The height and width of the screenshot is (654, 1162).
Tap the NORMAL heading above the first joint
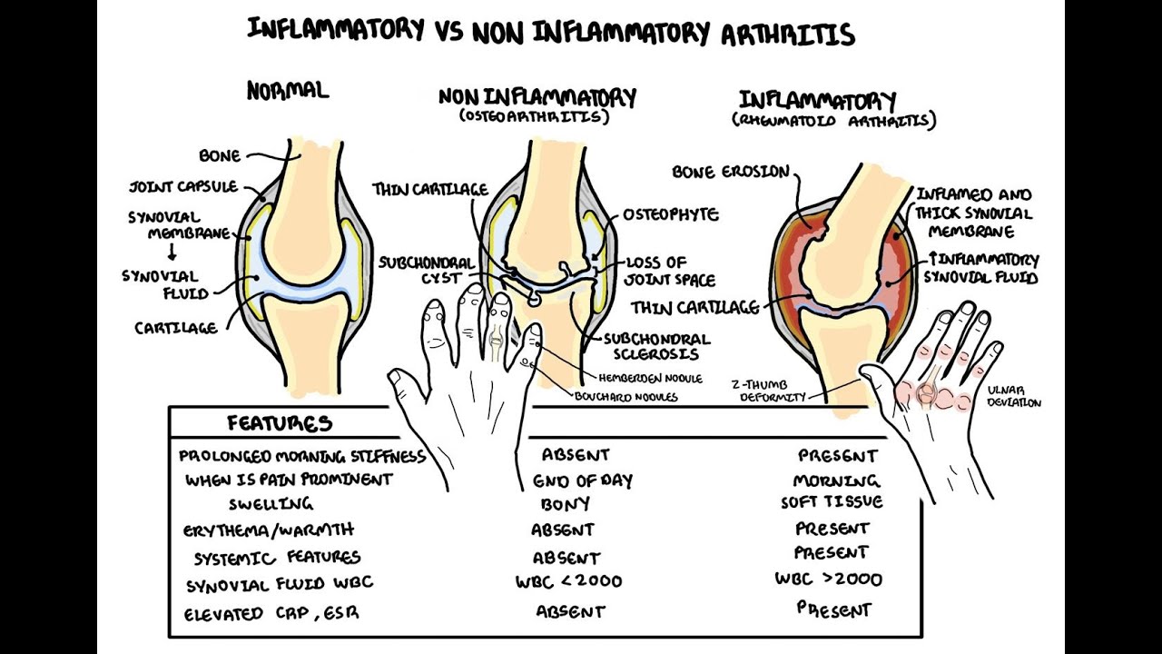[287, 90]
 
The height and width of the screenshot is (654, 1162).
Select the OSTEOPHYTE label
[671, 215]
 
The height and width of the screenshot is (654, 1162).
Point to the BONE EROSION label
[731, 172]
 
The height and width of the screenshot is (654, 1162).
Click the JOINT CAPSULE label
[182, 187]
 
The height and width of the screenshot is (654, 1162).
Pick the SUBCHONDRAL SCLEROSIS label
[656, 346]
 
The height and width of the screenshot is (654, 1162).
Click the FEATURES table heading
[279, 423]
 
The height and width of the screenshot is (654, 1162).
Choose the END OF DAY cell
[582, 481]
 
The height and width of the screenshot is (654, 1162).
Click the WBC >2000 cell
[828, 579]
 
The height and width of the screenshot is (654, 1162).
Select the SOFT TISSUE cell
[832, 502]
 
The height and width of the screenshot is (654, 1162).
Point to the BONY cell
[565, 503]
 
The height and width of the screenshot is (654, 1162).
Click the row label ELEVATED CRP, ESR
[271, 613]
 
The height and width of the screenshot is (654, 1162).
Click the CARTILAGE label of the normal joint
[176, 328]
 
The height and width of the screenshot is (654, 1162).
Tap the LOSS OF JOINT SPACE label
[670, 272]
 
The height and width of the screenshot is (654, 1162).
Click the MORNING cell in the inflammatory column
[836, 481]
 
